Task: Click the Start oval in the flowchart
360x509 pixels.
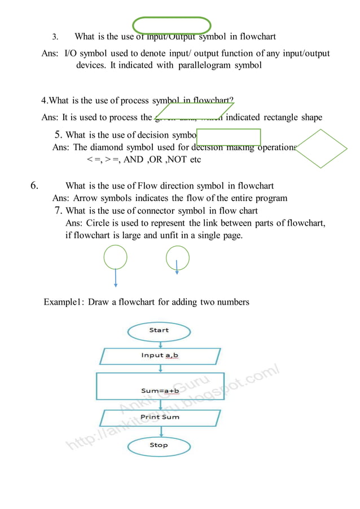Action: pos(159,331)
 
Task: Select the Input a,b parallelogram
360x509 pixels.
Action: pos(160,356)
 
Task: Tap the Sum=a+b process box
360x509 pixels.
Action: pos(160,386)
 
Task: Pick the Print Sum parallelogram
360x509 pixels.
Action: pos(160,418)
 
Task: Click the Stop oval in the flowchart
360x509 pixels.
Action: pos(159,446)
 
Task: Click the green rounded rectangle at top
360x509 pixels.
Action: pos(172,25)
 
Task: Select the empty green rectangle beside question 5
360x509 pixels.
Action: pos(229,137)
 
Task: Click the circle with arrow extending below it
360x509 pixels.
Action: pos(116,258)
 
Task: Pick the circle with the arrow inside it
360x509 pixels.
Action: pos(177,258)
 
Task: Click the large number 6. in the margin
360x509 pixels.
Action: pos(34,186)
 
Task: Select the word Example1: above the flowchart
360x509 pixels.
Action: pos(64,302)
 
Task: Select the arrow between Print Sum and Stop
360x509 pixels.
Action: pos(161,432)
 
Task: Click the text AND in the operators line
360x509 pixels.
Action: pos(133,160)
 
